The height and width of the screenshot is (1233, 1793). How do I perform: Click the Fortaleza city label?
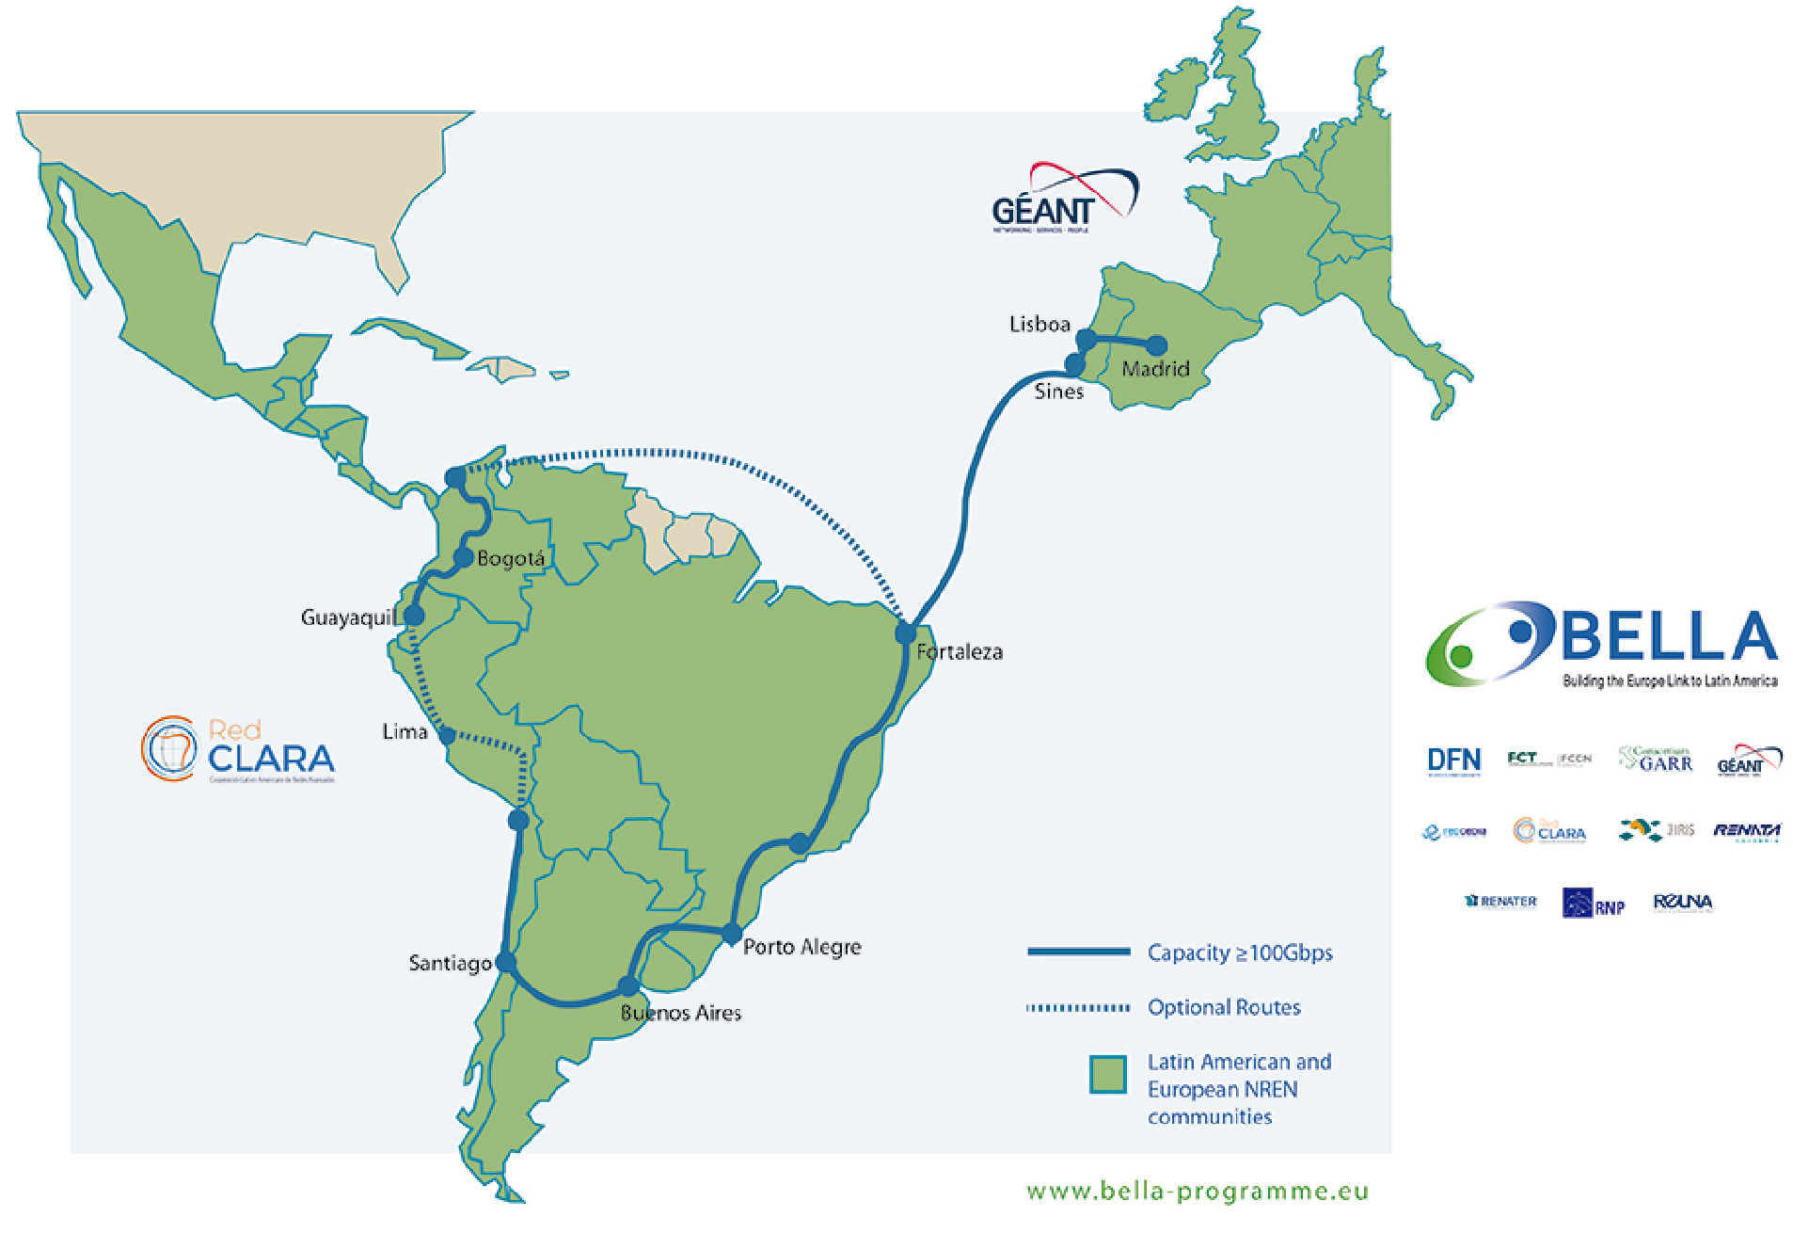tap(960, 651)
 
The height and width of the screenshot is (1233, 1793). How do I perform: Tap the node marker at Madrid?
tap(1156, 345)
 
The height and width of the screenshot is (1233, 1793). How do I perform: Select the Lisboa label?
tap(1039, 325)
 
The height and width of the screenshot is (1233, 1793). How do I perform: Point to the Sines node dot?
tap(1074, 364)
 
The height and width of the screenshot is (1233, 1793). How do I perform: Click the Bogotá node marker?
tap(463, 557)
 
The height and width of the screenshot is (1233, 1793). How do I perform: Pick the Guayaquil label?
tap(346, 617)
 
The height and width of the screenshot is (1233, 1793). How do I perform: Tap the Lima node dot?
tap(448, 735)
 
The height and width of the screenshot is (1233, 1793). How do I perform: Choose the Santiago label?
tap(450, 963)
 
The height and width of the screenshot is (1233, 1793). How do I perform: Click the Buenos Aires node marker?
tap(628, 986)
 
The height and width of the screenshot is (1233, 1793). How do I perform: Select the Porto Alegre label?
tap(801, 947)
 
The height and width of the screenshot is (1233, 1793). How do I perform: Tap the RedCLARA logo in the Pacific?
tap(238, 750)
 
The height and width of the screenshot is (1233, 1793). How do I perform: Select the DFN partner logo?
tap(1453, 761)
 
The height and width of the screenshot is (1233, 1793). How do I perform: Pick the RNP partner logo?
tap(1594, 903)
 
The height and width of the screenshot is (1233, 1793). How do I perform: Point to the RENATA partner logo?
tap(1746, 831)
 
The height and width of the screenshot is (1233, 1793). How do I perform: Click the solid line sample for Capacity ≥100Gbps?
tap(1078, 953)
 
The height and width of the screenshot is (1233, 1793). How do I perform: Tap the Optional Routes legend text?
tap(1224, 1008)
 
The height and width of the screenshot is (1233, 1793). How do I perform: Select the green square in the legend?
tap(1108, 1074)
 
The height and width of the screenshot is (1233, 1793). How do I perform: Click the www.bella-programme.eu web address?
tap(1198, 1192)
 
